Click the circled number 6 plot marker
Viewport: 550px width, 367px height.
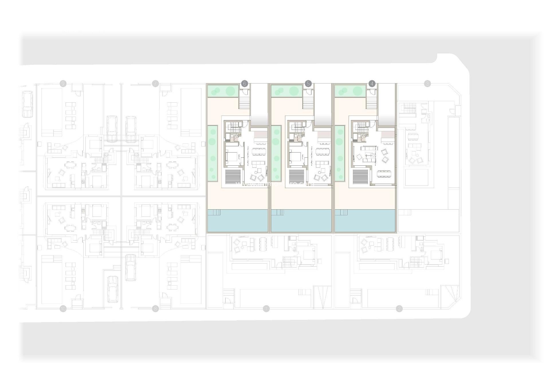point(244,84)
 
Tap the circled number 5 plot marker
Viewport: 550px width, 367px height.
point(308,84)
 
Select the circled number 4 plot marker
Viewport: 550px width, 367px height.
point(372,84)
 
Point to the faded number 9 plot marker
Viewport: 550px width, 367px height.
point(63,84)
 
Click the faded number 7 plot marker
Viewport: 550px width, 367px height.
point(155,84)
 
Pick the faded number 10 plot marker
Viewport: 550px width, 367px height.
point(63,309)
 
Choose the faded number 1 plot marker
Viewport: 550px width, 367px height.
point(266,309)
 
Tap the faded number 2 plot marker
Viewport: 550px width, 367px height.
point(399,309)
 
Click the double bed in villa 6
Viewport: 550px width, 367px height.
point(231,157)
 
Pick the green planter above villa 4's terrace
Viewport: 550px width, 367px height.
point(350,91)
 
